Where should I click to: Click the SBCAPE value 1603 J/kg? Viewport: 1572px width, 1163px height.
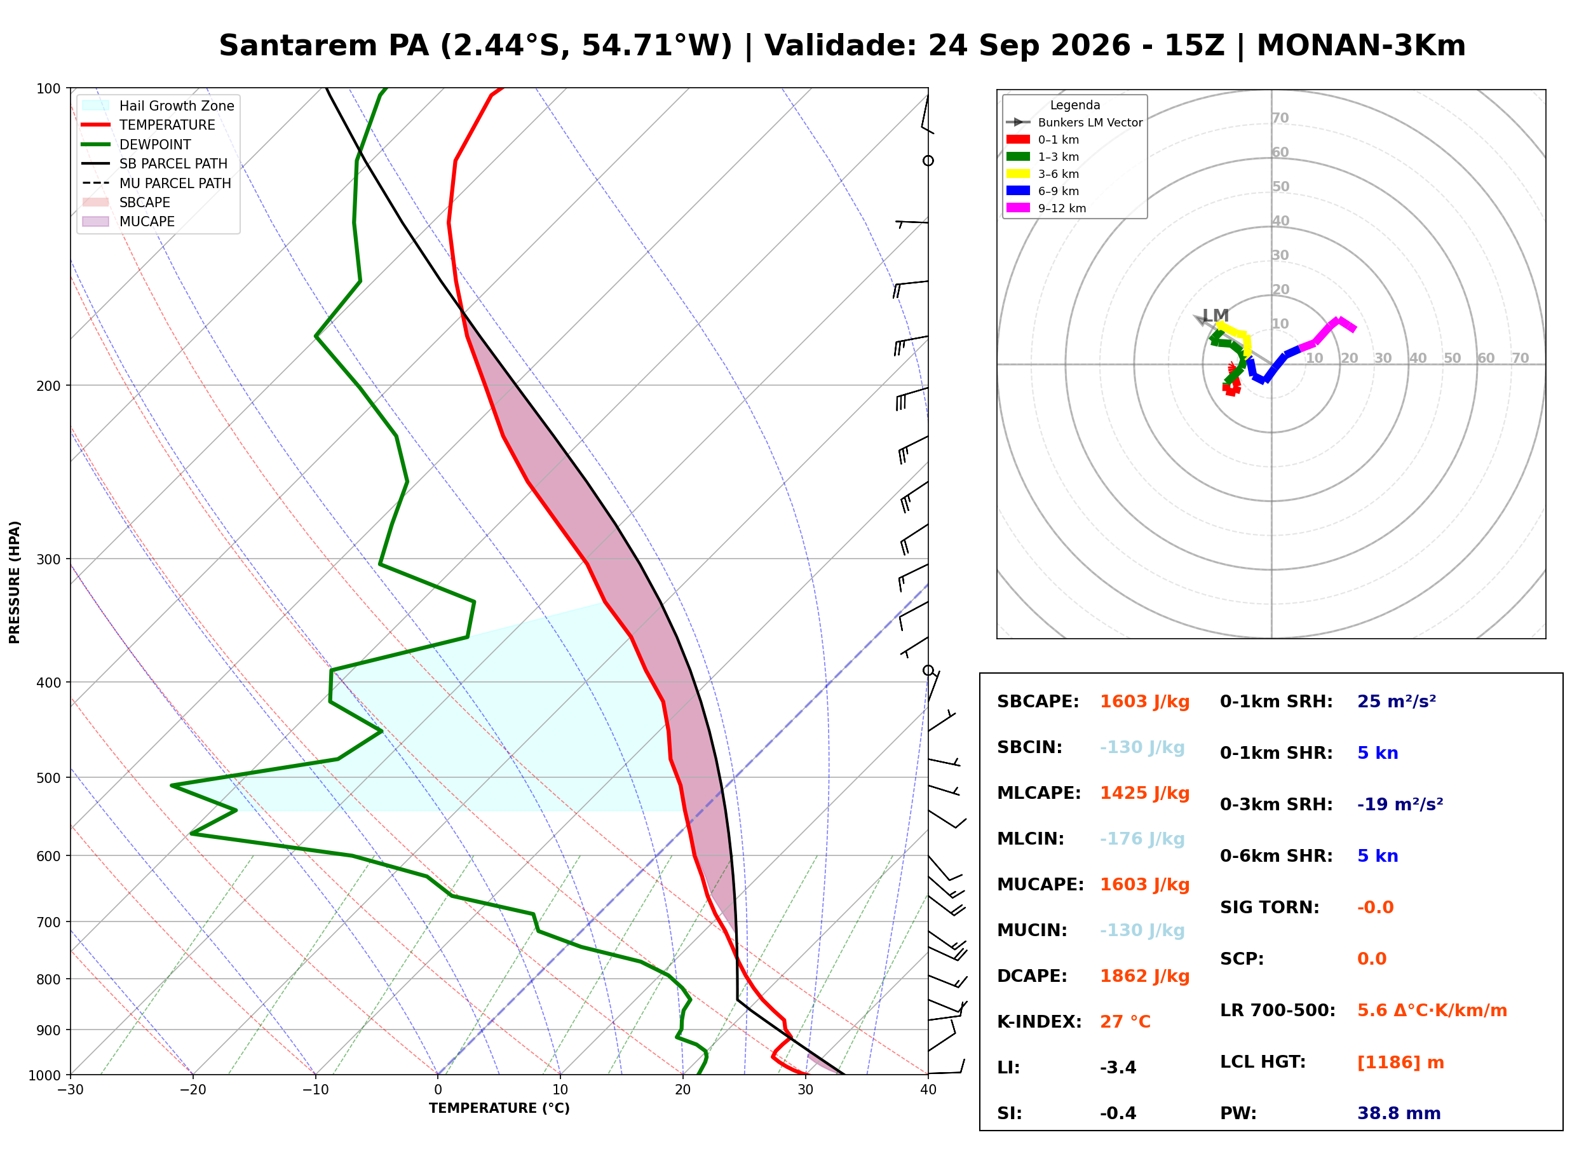pyautogui.click(x=1144, y=702)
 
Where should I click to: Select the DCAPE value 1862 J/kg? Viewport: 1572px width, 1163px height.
pyautogui.click(x=1144, y=976)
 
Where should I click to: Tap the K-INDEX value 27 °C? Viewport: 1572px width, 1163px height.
pyautogui.click(x=1125, y=1022)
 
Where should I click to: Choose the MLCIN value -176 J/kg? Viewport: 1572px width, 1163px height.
pyautogui.click(x=1142, y=839)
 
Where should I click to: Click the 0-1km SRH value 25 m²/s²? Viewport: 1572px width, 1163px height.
pyautogui.click(x=1396, y=701)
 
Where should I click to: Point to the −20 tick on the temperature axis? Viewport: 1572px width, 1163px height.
pyautogui.click(x=192, y=1090)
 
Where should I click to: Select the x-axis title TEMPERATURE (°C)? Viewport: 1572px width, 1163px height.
pyautogui.click(x=499, y=1108)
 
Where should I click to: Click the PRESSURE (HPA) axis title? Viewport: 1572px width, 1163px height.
pyautogui.click(x=15, y=582)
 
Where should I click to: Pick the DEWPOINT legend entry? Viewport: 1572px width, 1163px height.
pyautogui.click(x=137, y=144)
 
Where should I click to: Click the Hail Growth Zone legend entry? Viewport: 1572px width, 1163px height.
pyautogui.click(x=158, y=105)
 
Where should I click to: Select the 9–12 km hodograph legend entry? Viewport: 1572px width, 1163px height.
pyautogui.click(x=1046, y=208)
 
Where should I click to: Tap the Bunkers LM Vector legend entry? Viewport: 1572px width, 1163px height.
pyautogui.click(x=1074, y=123)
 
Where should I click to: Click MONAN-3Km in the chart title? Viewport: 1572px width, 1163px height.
pyautogui.click(x=1361, y=46)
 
